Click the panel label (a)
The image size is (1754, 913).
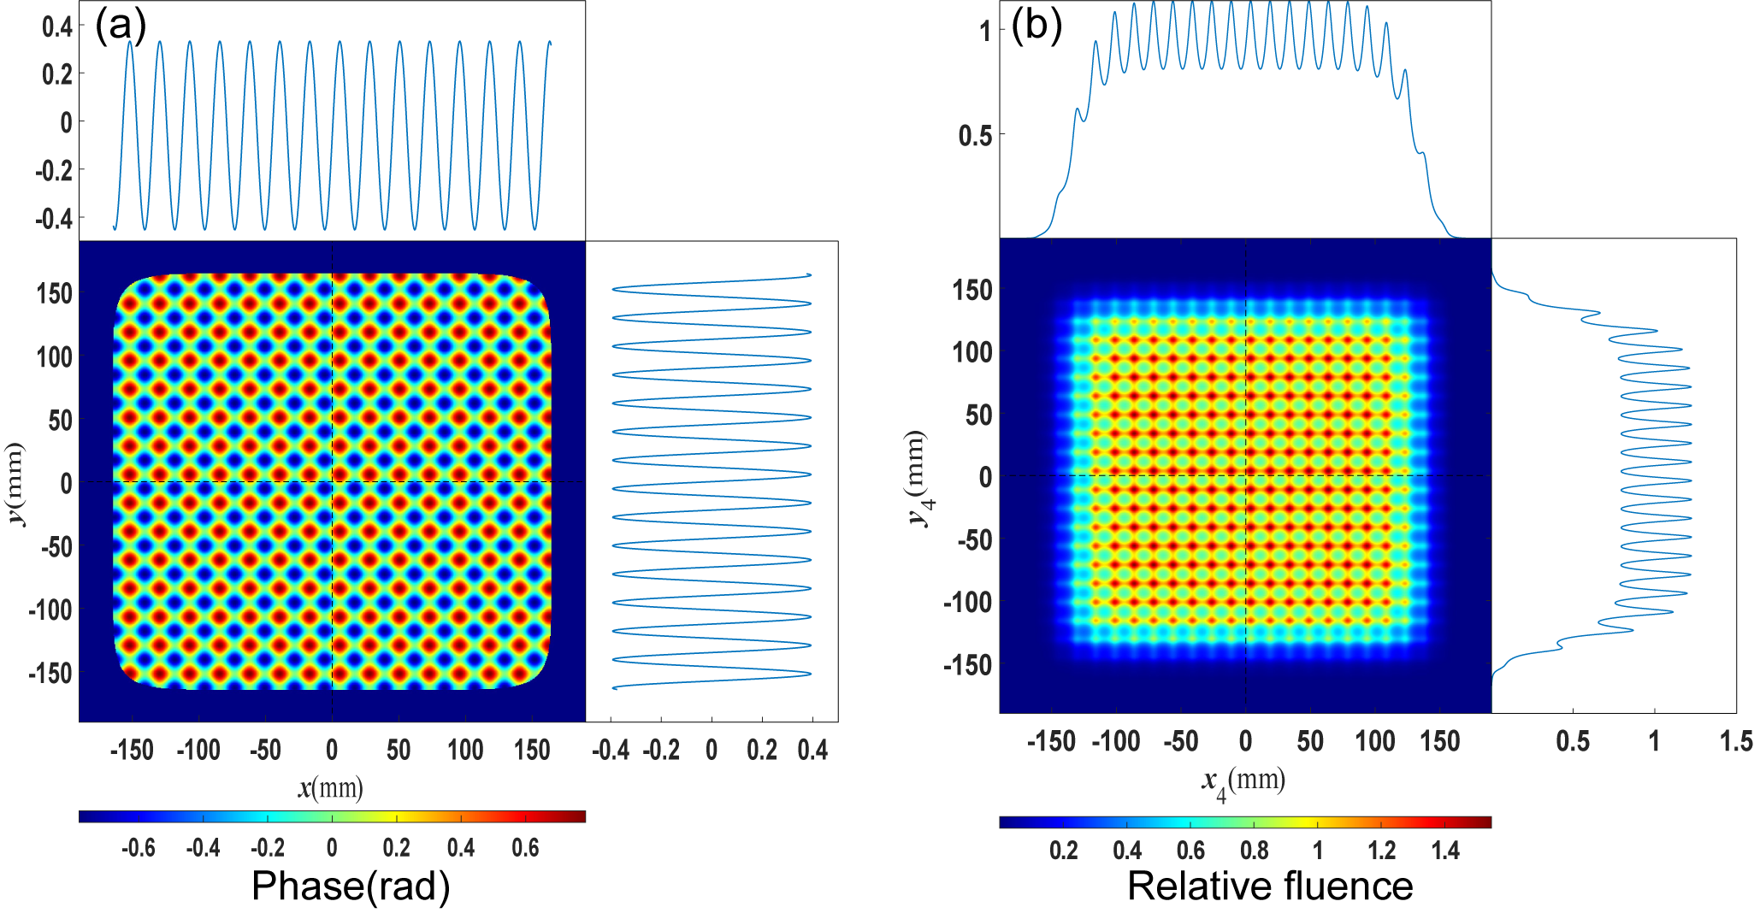(x=121, y=27)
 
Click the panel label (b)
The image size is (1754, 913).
(x=1036, y=26)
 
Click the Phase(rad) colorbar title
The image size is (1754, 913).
(x=351, y=886)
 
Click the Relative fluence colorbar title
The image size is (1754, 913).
(x=1270, y=886)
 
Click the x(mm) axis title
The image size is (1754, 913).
(x=331, y=787)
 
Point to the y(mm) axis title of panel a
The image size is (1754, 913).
(x=15, y=484)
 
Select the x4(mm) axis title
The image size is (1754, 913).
(x=1243, y=782)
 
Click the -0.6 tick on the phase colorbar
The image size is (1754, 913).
(x=139, y=848)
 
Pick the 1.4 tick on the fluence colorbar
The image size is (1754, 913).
(x=1445, y=851)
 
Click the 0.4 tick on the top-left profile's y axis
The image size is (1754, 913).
(x=57, y=27)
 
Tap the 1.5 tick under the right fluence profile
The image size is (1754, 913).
(x=1736, y=740)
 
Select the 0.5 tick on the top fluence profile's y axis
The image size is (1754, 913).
(x=975, y=135)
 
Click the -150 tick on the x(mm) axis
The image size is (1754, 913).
(x=132, y=751)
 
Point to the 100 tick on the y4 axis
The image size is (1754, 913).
(x=973, y=352)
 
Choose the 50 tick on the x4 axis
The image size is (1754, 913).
(x=1310, y=740)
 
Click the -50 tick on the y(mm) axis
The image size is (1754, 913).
(x=56, y=546)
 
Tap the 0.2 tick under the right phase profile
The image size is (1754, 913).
(x=762, y=751)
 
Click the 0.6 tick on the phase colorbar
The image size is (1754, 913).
(x=525, y=848)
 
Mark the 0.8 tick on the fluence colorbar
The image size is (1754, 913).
(x=1255, y=851)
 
